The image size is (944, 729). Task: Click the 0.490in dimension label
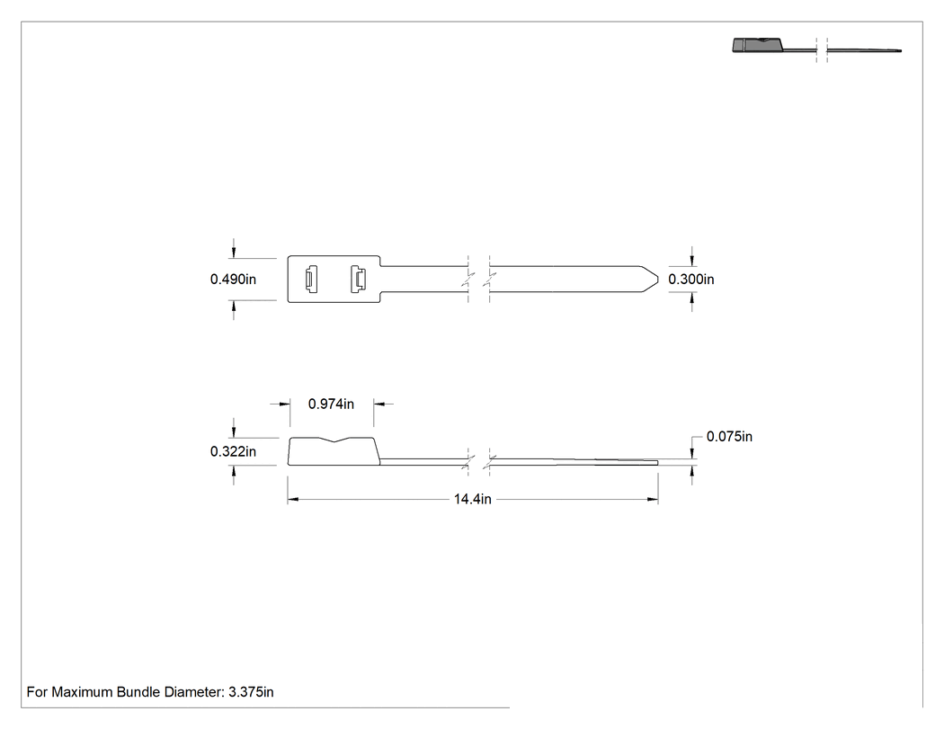[x=233, y=280]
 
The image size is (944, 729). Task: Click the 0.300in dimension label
[x=691, y=280]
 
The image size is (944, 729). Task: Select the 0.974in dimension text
[x=331, y=404]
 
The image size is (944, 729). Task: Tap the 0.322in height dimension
[x=233, y=451]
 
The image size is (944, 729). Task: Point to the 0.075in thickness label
[x=729, y=437]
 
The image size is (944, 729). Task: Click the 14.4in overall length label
[x=473, y=499]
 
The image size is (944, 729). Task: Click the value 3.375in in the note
[x=251, y=692]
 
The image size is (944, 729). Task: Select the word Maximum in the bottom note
[x=82, y=692]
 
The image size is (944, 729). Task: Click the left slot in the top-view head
[x=311, y=279]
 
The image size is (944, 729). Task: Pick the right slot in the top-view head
[x=358, y=279]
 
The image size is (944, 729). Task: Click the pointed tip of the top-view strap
[x=658, y=279]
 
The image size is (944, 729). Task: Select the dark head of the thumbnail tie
[x=758, y=45]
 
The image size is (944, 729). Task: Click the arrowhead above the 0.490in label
[x=234, y=253]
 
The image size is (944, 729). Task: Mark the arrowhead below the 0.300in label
[x=691, y=298]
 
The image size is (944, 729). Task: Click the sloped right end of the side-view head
[x=377, y=451]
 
